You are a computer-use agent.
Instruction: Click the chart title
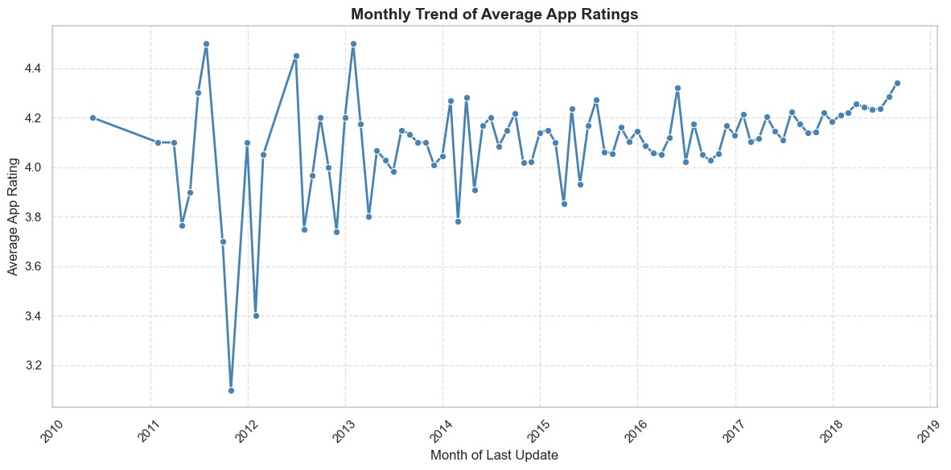pyautogui.click(x=494, y=14)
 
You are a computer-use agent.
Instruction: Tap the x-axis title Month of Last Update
pyautogui.click(x=494, y=454)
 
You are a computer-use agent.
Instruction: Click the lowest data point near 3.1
pyautogui.click(x=231, y=390)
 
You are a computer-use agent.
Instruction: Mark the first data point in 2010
pyautogui.click(x=93, y=117)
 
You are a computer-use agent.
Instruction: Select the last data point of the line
pyautogui.click(x=897, y=83)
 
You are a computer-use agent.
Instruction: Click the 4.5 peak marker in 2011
pyautogui.click(x=206, y=43)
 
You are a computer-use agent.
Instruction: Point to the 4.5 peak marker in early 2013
pyautogui.click(x=353, y=43)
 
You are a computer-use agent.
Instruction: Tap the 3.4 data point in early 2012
pyautogui.click(x=256, y=316)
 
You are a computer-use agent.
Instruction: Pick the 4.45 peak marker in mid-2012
pyautogui.click(x=296, y=56)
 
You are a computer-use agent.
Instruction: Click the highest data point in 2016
pyautogui.click(x=677, y=88)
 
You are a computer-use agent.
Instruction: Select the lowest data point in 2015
pyautogui.click(x=564, y=204)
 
